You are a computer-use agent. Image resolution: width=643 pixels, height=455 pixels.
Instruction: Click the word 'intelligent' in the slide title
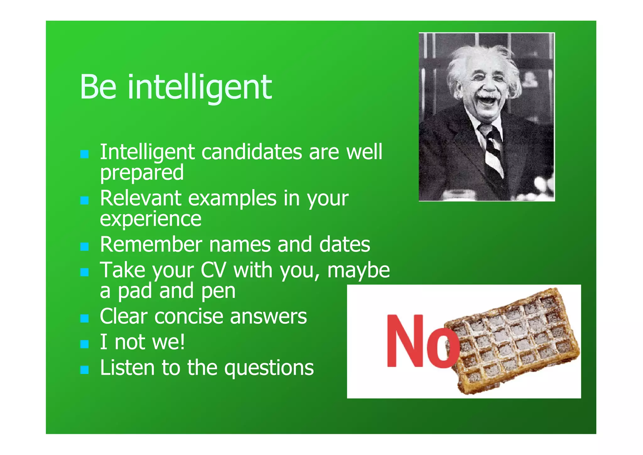click(200, 87)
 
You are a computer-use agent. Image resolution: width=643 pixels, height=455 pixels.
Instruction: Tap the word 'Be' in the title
click(98, 87)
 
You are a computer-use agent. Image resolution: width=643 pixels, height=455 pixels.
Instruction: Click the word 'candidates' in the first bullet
click(252, 152)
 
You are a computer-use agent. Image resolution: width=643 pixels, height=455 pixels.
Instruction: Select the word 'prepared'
click(142, 173)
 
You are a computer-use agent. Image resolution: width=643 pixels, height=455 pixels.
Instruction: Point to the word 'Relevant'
click(141, 198)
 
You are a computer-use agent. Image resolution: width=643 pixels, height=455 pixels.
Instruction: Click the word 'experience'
click(150, 219)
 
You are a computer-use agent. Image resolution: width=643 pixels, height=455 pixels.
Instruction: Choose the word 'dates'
click(344, 244)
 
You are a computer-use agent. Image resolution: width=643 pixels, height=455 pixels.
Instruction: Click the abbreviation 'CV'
click(213, 270)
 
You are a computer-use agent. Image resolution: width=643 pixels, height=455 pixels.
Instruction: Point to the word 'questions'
click(269, 368)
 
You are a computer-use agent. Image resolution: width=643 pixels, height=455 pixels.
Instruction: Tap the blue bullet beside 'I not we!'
click(84, 344)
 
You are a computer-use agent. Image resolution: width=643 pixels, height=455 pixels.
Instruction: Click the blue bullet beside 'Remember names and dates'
click(84, 247)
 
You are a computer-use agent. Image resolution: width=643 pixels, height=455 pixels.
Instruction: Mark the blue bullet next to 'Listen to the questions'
click(84, 370)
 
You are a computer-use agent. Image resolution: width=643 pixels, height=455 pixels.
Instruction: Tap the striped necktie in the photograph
click(492, 148)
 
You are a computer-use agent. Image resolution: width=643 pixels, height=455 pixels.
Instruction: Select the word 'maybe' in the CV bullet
click(359, 270)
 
